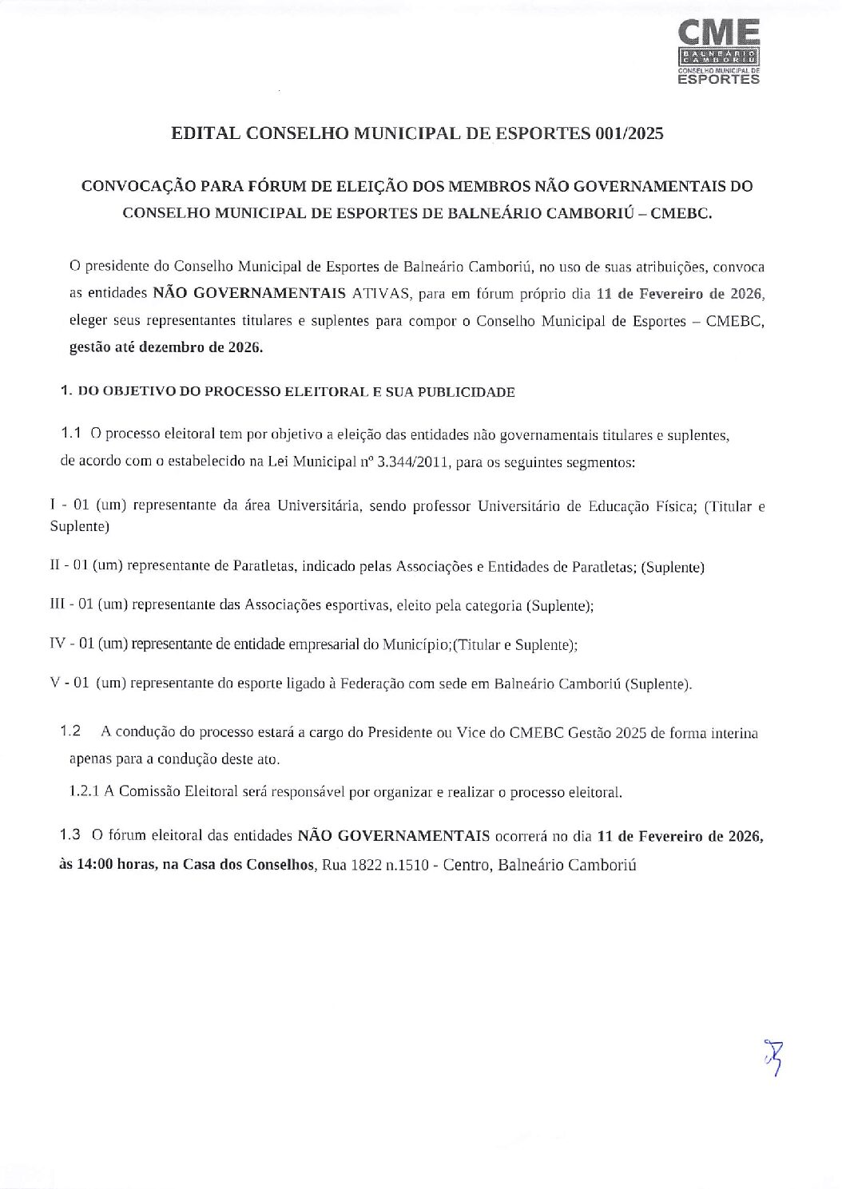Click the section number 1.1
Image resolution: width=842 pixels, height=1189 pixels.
click(73, 434)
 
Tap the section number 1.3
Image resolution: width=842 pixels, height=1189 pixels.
click(70, 835)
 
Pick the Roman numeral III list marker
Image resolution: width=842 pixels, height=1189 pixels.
click(58, 605)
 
